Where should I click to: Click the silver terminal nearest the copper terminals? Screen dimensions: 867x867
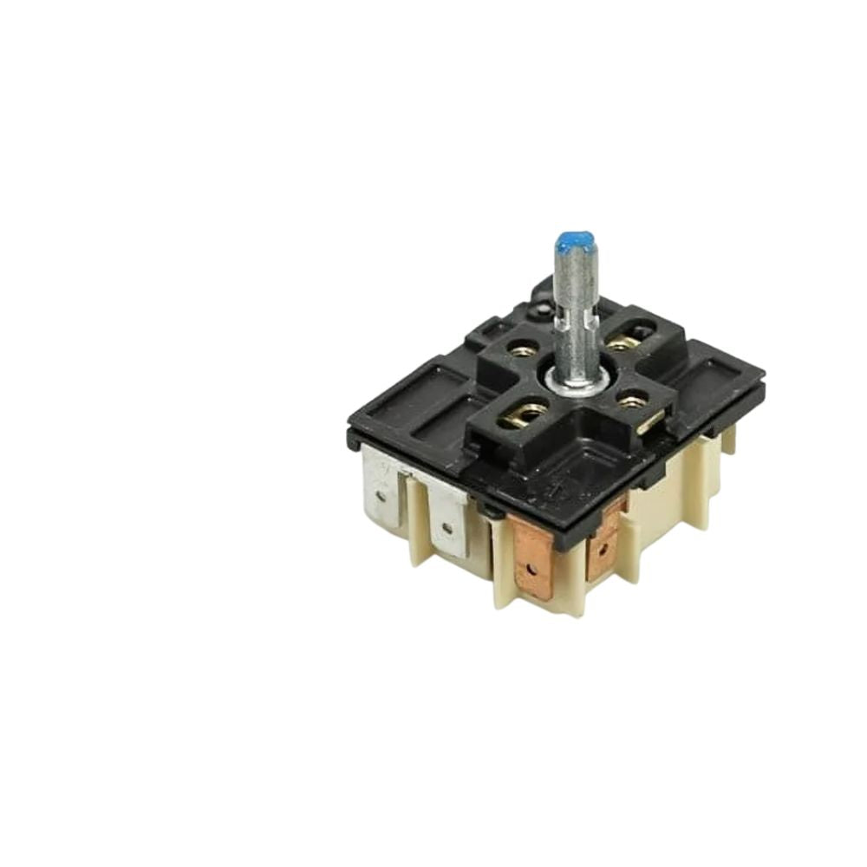pos(447,519)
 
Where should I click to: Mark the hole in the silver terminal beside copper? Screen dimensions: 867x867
pos(447,525)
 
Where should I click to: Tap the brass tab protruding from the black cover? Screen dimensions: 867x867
pos(650,421)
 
